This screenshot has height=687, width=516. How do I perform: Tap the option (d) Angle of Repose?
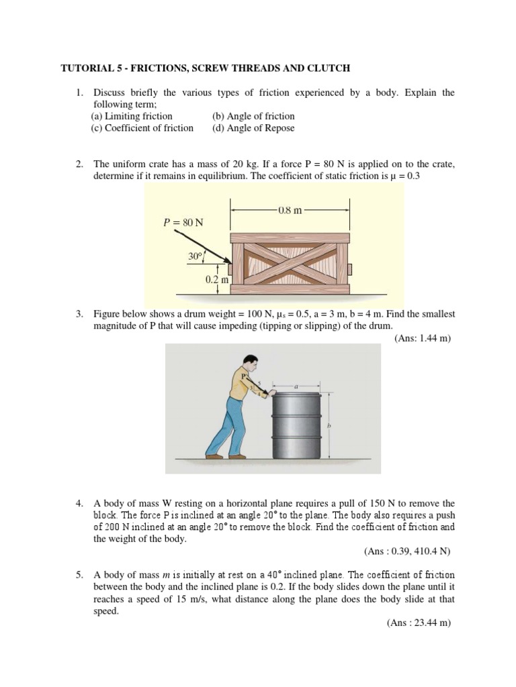(x=253, y=128)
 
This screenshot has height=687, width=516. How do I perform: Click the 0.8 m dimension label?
(x=290, y=209)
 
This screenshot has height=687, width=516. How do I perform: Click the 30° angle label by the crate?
(x=196, y=256)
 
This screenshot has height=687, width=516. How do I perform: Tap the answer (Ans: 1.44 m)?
(x=422, y=338)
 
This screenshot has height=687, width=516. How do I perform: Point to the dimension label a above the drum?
(x=298, y=387)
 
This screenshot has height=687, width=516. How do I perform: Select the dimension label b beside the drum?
(x=329, y=425)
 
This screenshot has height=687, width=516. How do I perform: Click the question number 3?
(x=79, y=314)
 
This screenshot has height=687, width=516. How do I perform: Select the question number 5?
(x=79, y=575)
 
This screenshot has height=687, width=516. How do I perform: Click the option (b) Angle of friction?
(x=253, y=116)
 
